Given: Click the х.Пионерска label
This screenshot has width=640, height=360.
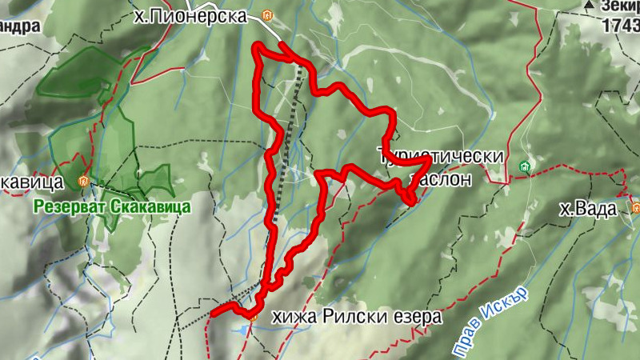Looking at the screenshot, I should point(188,16).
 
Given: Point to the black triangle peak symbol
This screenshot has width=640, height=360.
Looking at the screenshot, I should point(590,6).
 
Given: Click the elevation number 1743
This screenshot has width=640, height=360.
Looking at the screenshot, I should point(622,25).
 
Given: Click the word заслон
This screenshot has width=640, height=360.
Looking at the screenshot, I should point(441,178).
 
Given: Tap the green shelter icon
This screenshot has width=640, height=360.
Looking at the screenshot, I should point(525,166).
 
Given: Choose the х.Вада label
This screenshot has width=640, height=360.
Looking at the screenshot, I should point(588,210).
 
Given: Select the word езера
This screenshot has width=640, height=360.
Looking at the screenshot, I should point(417,317).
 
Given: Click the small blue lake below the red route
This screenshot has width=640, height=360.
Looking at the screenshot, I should point(240,329).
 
